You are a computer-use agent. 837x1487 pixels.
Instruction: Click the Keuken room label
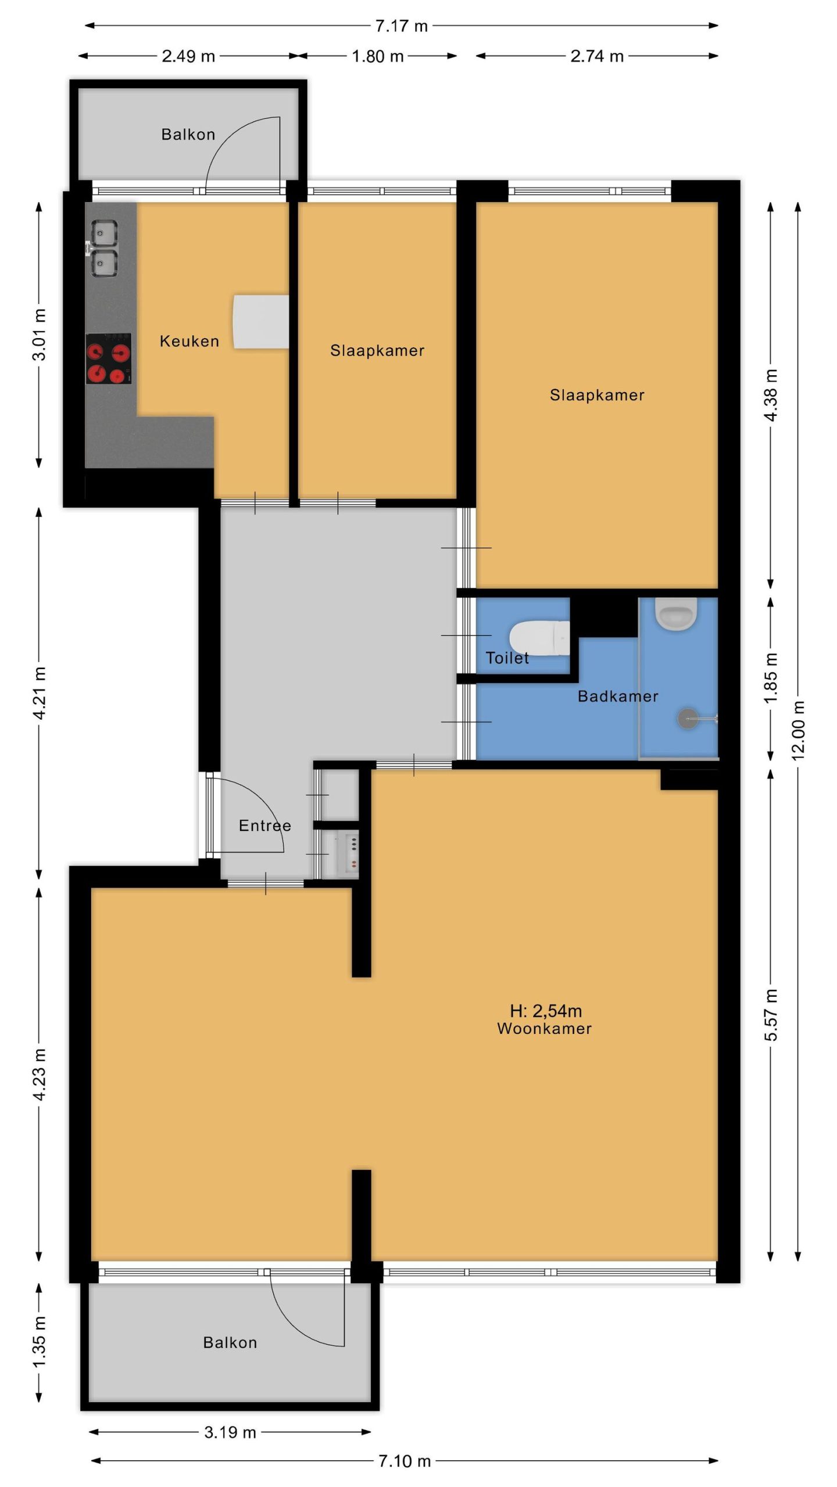point(189,341)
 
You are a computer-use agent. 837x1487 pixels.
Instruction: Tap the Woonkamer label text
point(545,1028)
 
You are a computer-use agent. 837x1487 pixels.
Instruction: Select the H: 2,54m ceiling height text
point(546,1011)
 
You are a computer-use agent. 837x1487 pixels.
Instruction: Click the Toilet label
point(507,658)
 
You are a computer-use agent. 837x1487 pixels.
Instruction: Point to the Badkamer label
point(618,696)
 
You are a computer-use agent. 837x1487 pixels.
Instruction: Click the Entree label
point(265,825)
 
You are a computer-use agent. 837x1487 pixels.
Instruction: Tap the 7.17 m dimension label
point(401,26)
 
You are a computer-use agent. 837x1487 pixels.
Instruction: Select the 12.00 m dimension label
point(798,730)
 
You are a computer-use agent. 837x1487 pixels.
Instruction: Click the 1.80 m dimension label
point(378,56)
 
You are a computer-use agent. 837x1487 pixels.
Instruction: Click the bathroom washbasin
point(676,613)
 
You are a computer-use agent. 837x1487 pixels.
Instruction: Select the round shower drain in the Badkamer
point(688,719)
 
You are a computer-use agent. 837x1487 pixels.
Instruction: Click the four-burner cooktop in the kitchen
point(109,358)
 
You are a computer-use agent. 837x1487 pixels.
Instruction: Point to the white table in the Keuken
point(261,322)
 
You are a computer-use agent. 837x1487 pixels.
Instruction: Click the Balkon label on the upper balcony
point(188,134)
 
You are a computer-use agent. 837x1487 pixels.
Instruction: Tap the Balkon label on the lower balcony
point(230,1342)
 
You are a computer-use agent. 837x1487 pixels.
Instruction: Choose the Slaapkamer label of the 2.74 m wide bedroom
point(598,395)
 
